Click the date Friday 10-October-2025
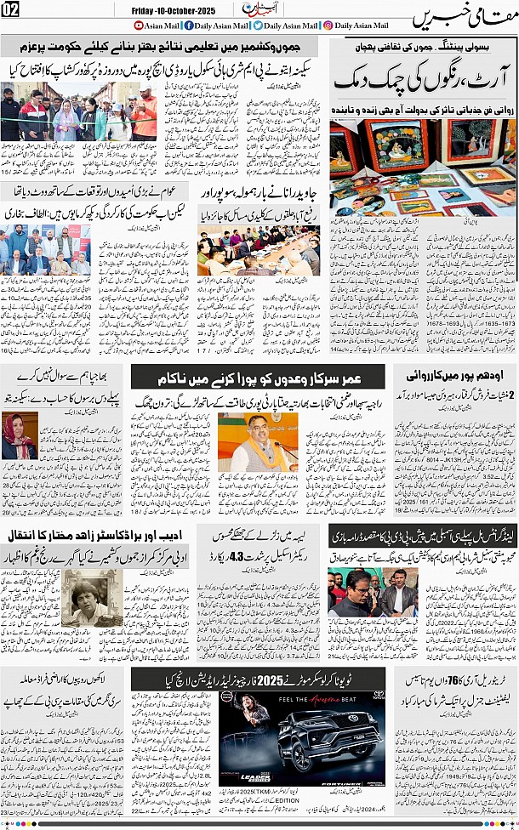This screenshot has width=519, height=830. (174, 11)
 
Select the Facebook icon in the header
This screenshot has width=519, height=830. (189, 26)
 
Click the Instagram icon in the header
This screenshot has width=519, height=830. (328, 26)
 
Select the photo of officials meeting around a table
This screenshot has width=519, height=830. (259, 252)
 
